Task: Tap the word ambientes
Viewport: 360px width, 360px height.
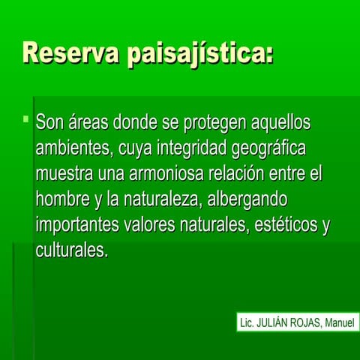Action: pos(71,148)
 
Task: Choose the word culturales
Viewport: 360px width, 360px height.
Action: pos(71,250)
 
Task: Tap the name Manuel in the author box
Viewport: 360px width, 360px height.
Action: pos(341,324)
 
